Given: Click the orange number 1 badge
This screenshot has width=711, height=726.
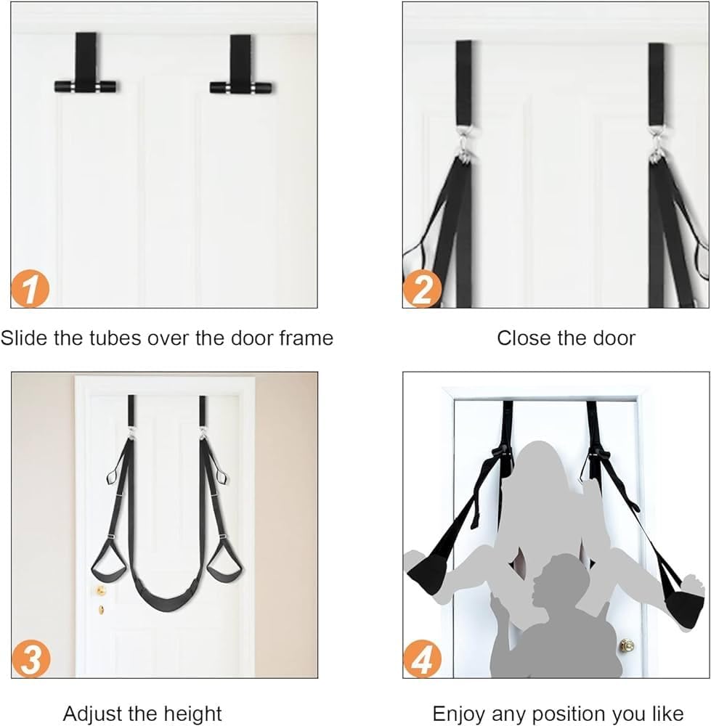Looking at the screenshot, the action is [x=30, y=289].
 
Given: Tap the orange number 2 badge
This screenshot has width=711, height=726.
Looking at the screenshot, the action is [x=421, y=289].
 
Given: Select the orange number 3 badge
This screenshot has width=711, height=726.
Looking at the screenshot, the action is [x=30, y=659].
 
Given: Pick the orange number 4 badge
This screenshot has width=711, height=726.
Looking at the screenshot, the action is [x=421, y=659].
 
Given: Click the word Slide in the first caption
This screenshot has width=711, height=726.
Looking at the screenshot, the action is [x=24, y=338].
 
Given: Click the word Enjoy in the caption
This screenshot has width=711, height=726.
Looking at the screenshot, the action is [x=459, y=714].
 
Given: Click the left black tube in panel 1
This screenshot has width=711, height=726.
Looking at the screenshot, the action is [x=86, y=86].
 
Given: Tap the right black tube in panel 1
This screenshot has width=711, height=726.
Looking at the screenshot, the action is [x=241, y=87].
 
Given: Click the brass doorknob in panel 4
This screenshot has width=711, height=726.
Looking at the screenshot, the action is [x=627, y=645].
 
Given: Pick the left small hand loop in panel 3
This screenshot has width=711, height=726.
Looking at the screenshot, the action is [x=112, y=477].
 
